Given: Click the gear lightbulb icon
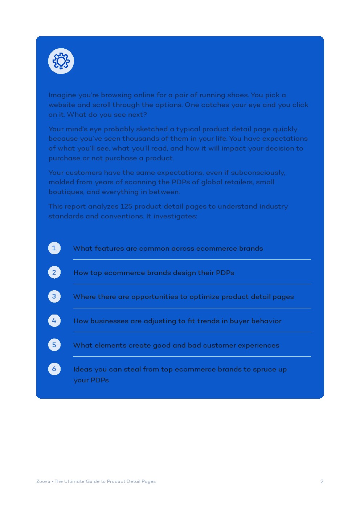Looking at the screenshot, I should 61,61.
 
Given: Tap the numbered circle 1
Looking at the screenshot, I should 54,248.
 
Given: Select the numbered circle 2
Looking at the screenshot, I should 54,272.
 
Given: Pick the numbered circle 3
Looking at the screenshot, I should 54,296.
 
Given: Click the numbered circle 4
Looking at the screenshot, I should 54,321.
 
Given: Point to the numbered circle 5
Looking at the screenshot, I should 54,345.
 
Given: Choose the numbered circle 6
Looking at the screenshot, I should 54,369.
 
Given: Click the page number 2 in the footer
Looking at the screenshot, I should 322,481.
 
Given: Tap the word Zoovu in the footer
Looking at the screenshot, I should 43,481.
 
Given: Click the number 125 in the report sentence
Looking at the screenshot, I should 126,206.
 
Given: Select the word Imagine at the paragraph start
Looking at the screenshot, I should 62,95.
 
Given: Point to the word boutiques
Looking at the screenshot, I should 66,192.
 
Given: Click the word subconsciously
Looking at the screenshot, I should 258,173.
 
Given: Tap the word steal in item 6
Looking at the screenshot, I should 132,369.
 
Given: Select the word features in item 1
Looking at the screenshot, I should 109,249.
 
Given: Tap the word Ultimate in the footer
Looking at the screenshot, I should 74,481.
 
